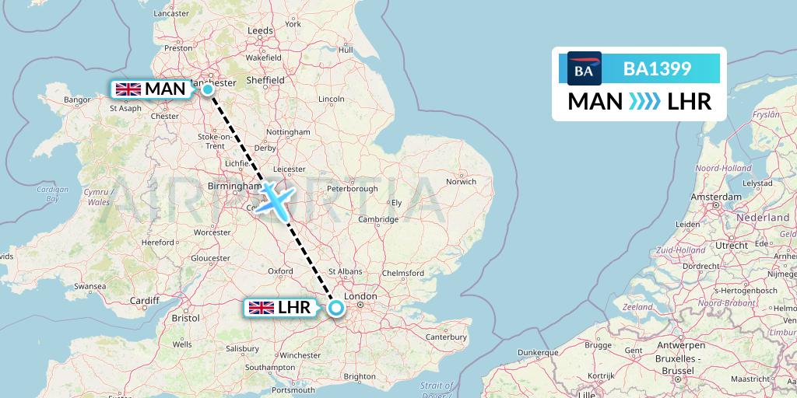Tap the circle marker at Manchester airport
(x=208, y=89)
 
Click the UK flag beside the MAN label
(x=128, y=89)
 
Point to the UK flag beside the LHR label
(x=260, y=308)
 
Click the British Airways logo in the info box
(x=584, y=69)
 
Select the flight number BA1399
(x=658, y=69)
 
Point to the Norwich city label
(x=462, y=182)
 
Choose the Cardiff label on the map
(x=145, y=301)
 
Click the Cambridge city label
(x=378, y=219)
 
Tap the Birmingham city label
(x=234, y=186)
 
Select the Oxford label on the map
(x=280, y=271)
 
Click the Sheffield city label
(x=265, y=79)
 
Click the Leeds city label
(x=260, y=30)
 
